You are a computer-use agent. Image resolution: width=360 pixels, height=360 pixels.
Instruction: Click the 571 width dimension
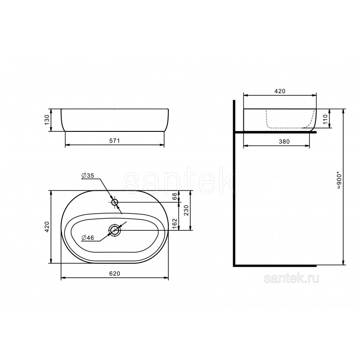coord(114,140)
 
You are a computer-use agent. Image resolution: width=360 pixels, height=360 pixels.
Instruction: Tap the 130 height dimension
coord(47,120)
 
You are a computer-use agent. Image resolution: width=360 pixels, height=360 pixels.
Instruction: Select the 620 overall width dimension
coord(115,274)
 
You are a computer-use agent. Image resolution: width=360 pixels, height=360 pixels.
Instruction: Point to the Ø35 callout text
coord(88,175)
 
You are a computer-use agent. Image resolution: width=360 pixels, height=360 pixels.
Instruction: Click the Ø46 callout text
coord(88,238)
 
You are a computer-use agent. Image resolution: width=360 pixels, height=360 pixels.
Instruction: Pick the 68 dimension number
coord(175,196)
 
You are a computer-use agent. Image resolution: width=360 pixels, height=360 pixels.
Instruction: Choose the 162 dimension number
coord(175,224)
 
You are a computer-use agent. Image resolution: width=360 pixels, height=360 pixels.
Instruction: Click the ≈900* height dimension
coord(340,181)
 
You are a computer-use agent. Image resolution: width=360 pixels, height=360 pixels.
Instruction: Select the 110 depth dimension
coord(325,119)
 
